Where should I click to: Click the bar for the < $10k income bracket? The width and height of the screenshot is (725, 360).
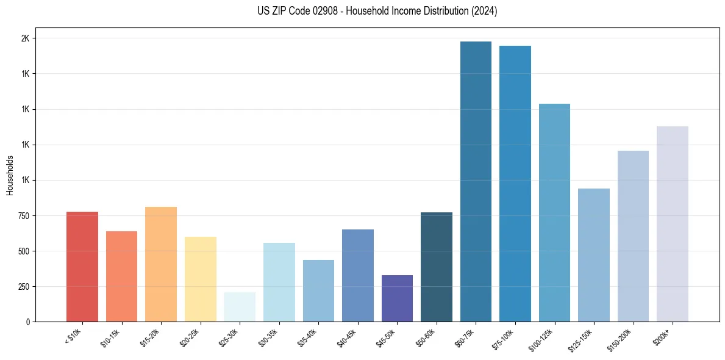point(82,267)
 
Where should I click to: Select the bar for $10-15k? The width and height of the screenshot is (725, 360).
point(121,276)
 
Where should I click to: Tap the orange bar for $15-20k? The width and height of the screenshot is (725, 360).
point(161,264)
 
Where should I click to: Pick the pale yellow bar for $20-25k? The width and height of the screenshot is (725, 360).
point(200,279)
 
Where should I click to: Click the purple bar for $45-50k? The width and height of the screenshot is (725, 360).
point(397,298)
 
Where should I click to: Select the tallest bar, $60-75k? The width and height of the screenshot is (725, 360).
point(476,182)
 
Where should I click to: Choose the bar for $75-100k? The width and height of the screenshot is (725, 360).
point(515,184)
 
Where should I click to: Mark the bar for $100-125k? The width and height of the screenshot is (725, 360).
point(554,213)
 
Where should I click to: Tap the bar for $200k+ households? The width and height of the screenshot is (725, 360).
point(673,224)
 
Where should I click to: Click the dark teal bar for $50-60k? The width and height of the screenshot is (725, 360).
point(437,267)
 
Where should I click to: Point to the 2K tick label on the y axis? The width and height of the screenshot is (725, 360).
point(25,38)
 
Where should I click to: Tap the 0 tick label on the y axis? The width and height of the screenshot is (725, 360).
point(27,322)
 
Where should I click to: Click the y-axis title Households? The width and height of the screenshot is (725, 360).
point(10,175)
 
